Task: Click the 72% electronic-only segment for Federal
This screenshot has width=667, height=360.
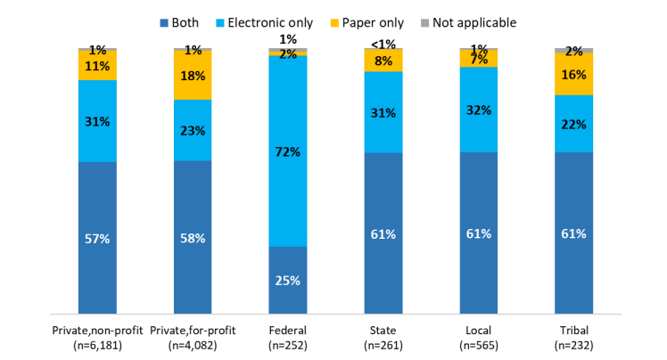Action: click(x=288, y=151)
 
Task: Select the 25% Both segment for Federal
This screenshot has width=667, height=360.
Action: click(x=288, y=280)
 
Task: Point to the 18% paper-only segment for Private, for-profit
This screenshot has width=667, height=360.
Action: click(x=193, y=76)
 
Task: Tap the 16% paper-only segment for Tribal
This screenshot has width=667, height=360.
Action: click(x=574, y=74)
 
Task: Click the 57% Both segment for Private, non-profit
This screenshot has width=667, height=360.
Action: click(x=97, y=238)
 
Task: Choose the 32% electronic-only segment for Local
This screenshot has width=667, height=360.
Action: click(x=479, y=110)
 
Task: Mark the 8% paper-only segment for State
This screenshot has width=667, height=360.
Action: click(x=383, y=61)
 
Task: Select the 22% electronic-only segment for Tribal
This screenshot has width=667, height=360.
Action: click(x=574, y=124)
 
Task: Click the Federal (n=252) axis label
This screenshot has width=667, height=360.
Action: click(x=288, y=339)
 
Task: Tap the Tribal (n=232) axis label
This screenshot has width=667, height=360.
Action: click(x=574, y=339)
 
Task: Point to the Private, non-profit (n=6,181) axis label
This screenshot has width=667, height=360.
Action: click(x=97, y=339)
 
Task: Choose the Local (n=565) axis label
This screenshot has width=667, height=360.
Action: click(x=479, y=339)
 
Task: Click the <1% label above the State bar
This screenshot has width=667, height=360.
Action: click(x=383, y=43)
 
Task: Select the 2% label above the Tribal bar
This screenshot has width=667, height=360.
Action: click(x=574, y=52)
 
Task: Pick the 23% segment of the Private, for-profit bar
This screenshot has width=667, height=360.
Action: click(x=193, y=130)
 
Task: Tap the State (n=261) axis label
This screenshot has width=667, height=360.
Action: click(x=383, y=339)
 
